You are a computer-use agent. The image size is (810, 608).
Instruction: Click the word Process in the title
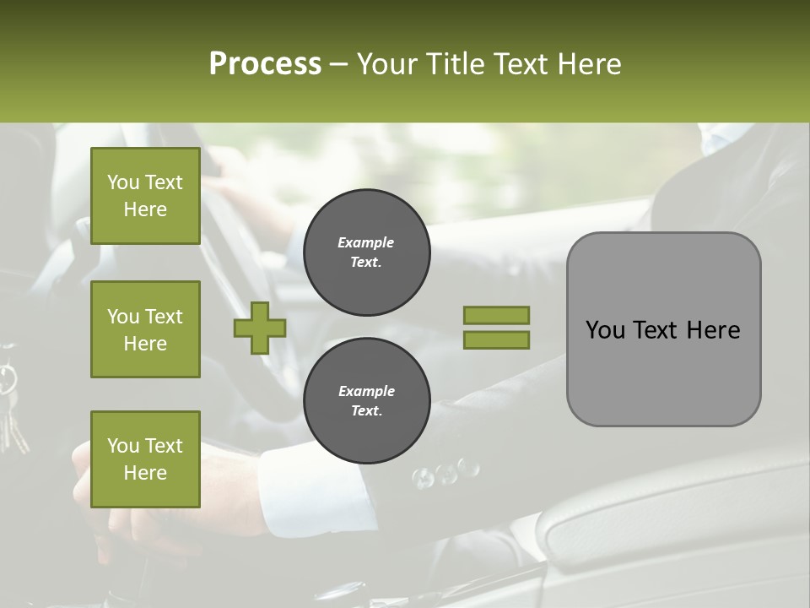pos(265,64)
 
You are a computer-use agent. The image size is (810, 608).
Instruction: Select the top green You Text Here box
pos(145,196)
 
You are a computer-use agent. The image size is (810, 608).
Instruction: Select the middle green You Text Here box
pos(145,329)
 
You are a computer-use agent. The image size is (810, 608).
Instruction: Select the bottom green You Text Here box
pos(145,459)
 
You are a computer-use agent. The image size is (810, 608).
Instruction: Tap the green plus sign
pos(260,328)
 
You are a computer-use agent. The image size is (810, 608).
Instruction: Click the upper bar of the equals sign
pos(496,315)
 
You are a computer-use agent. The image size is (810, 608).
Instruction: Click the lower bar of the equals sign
pos(496,339)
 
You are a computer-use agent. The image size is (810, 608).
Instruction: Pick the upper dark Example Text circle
pos(366,252)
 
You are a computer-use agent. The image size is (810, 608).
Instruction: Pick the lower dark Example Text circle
pos(366,400)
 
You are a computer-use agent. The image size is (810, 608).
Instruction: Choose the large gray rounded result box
pos(663,329)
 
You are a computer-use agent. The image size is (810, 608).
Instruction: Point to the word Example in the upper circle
pos(365,242)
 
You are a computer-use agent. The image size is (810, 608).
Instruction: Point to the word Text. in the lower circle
pos(366,410)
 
